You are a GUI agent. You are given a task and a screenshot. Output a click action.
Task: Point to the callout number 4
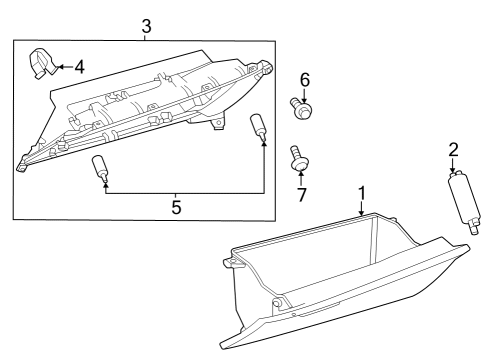(80, 68)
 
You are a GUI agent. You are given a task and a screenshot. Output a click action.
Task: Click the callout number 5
(176, 207)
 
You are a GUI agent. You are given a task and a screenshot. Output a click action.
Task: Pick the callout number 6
(305, 78)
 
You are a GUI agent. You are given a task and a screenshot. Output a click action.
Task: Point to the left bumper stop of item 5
(101, 168)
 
